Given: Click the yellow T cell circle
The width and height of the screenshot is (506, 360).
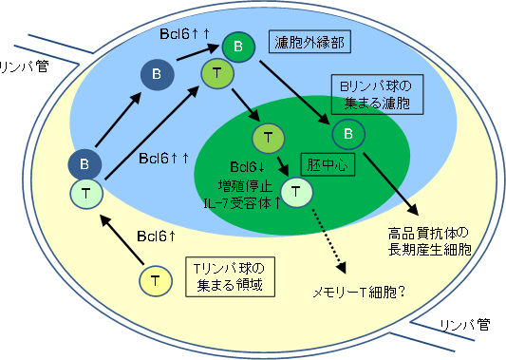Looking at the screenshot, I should click(154, 279).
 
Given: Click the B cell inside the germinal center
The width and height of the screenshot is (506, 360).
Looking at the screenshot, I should click(348, 135).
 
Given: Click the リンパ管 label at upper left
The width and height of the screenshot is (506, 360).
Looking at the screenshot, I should click(27, 65).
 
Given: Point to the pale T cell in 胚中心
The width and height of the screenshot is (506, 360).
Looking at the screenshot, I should click(296, 192).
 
